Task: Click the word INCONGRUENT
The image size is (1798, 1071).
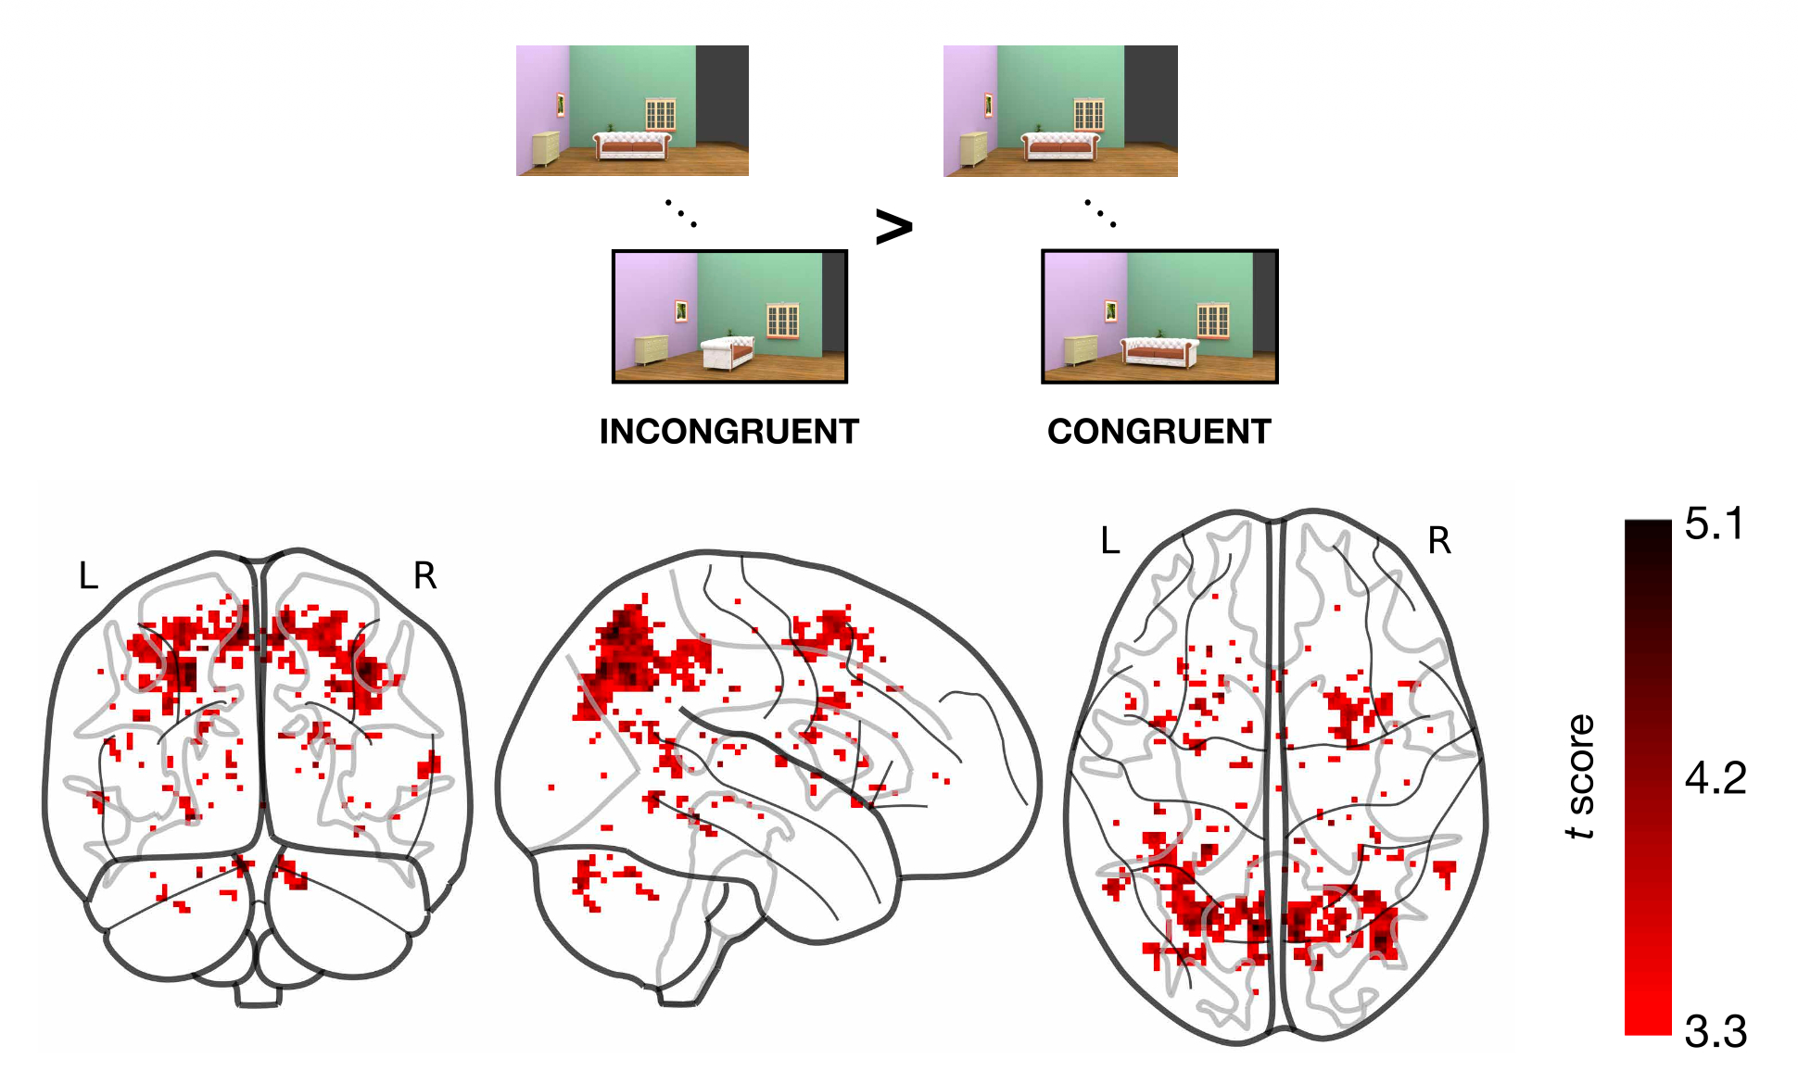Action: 728,432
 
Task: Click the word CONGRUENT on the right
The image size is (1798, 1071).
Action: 1159,432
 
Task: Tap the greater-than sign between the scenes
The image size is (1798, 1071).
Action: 893,226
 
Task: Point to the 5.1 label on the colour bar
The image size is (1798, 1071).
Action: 1714,524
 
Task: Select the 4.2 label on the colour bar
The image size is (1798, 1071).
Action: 1715,778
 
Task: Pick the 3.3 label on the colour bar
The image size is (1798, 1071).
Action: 1715,1031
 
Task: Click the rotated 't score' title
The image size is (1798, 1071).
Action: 1580,776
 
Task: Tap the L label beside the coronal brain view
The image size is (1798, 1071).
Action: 88,576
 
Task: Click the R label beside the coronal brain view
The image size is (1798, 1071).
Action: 424,576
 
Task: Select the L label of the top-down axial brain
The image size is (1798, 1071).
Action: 1110,540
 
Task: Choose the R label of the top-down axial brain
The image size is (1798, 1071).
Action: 1438,540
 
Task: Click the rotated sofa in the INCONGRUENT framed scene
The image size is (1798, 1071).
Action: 728,352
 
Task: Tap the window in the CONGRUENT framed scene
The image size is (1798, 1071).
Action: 1212,321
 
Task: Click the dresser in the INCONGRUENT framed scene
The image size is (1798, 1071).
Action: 651,349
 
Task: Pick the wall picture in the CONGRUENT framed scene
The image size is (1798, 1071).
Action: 1110,310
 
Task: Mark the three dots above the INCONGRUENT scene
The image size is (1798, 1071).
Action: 680,213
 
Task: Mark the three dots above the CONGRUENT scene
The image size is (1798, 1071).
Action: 1100,213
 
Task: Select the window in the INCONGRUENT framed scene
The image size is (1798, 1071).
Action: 782,321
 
